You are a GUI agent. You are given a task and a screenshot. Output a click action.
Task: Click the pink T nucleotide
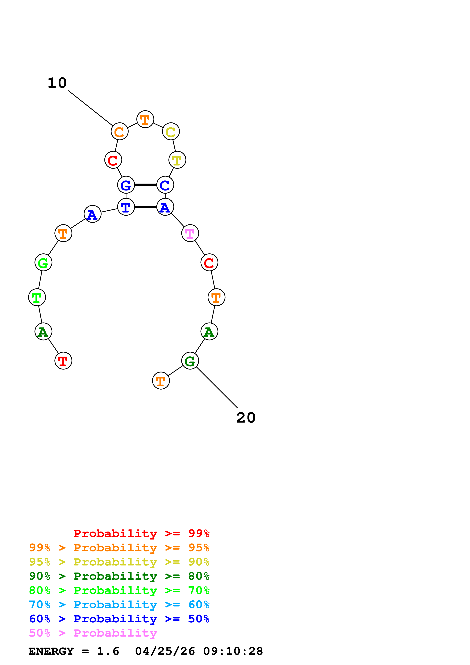(x=190, y=233)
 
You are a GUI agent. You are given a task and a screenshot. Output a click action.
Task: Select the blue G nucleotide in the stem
(x=126, y=185)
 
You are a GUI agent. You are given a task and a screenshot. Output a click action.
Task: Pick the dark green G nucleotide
(x=190, y=361)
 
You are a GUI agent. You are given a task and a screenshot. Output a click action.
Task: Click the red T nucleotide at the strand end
(x=63, y=361)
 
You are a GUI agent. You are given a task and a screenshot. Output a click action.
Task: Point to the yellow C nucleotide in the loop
(x=171, y=132)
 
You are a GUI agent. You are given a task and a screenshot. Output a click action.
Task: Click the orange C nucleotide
(x=119, y=132)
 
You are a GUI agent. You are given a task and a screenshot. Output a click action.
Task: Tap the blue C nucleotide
(x=165, y=185)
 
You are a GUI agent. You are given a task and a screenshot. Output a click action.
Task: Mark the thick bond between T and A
(x=146, y=207)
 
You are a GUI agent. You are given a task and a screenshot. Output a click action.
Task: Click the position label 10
(x=57, y=83)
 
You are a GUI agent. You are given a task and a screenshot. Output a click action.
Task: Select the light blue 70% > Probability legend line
(x=119, y=605)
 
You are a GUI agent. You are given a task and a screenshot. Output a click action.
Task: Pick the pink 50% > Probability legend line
(x=93, y=633)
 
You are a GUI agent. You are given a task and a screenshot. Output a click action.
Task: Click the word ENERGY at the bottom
(x=51, y=651)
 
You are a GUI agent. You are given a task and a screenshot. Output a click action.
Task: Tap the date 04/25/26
(x=165, y=651)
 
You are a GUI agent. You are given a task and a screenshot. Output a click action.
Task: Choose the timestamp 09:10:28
(x=233, y=651)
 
